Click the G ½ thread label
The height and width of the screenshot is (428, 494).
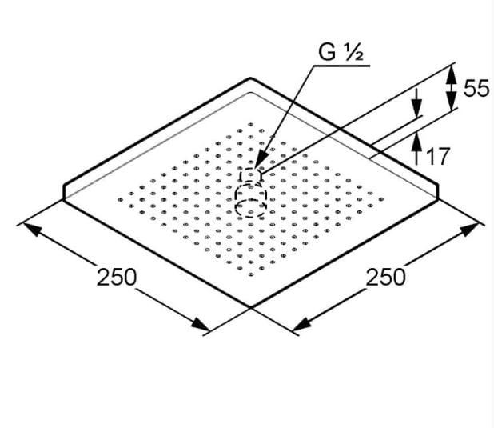click(341, 52)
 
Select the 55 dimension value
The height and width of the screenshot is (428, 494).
click(476, 88)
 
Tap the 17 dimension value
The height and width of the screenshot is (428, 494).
click(436, 156)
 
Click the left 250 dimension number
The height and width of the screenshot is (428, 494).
click(117, 278)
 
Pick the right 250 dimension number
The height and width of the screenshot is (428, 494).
click(385, 278)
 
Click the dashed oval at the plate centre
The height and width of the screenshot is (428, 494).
click(251, 198)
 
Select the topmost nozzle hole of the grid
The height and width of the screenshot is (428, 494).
click(251, 124)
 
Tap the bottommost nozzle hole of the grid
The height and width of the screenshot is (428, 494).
click(251, 274)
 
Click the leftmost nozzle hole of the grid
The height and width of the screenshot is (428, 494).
click(121, 199)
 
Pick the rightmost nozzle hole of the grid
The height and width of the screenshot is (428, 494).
click(381, 199)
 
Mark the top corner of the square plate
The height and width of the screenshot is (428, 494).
click(251, 78)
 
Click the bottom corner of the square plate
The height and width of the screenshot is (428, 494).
click(251, 306)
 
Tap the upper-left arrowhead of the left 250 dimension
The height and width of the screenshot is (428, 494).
click(32, 229)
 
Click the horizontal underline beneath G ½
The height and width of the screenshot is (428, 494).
click(341, 66)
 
